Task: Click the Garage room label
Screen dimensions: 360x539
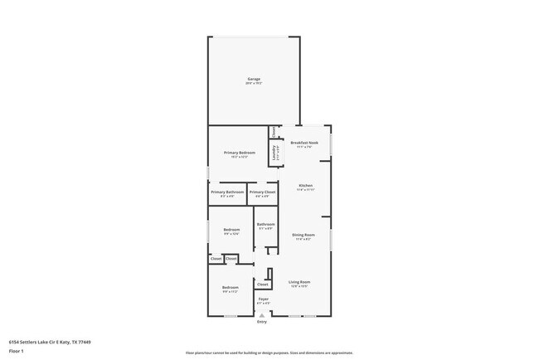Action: click(x=254, y=79)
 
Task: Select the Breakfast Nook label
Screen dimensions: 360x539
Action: click(x=304, y=143)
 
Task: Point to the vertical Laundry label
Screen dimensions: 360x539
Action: click(x=274, y=153)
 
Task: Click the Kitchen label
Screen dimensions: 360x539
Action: click(x=304, y=185)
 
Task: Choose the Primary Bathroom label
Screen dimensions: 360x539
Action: click(x=227, y=192)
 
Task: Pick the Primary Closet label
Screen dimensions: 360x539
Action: click(x=263, y=192)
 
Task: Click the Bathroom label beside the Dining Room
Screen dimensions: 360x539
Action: click(x=265, y=224)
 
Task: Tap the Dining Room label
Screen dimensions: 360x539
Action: click(x=303, y=235)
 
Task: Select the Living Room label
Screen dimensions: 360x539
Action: click(x=299, y=282)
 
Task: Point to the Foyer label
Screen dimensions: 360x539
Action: click(x=263, y=299)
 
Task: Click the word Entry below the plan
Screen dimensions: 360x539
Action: click(x=262, y=322)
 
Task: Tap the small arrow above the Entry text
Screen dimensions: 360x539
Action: click(x=262, y=315)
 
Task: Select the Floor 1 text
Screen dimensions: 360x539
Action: click(x=16, y=352)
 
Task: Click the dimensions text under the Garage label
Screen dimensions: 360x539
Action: click(x=254, y=84)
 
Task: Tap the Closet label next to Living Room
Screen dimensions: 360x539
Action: click(x=262, y=285)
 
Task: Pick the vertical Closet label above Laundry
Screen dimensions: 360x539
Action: click(x=274, y=131)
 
